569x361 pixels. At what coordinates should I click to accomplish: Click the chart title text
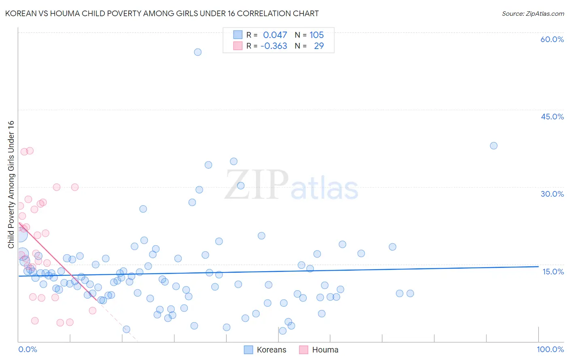click(162, 13)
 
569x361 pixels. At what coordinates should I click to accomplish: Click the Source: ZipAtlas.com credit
click(533, 13)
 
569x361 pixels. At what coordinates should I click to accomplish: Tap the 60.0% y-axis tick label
click(552, 39)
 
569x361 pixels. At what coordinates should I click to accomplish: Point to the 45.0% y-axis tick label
click(552, 117)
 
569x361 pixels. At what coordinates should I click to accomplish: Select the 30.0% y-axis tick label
click(552, 194)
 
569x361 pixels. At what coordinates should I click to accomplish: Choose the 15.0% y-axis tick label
click(553, 271)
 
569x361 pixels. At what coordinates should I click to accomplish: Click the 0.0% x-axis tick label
click(28, 349)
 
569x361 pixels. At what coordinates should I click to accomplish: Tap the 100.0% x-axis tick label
click(550, 349)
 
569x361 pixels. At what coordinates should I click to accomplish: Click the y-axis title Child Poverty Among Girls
click(11, 185)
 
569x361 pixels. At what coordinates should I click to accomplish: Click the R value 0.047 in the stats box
click(275, 35)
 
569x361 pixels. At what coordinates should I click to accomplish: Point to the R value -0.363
click(274, 46)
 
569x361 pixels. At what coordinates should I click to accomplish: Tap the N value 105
click(316, 35)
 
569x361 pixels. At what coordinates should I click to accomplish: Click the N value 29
click(319, 46)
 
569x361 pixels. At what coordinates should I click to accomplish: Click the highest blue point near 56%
click(197, 52)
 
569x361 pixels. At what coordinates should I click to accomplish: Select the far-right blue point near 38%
click(493, 146)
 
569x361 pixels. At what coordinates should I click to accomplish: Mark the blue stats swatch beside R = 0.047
click(238, 35)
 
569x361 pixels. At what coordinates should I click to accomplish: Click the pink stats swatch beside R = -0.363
click(238, 46)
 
